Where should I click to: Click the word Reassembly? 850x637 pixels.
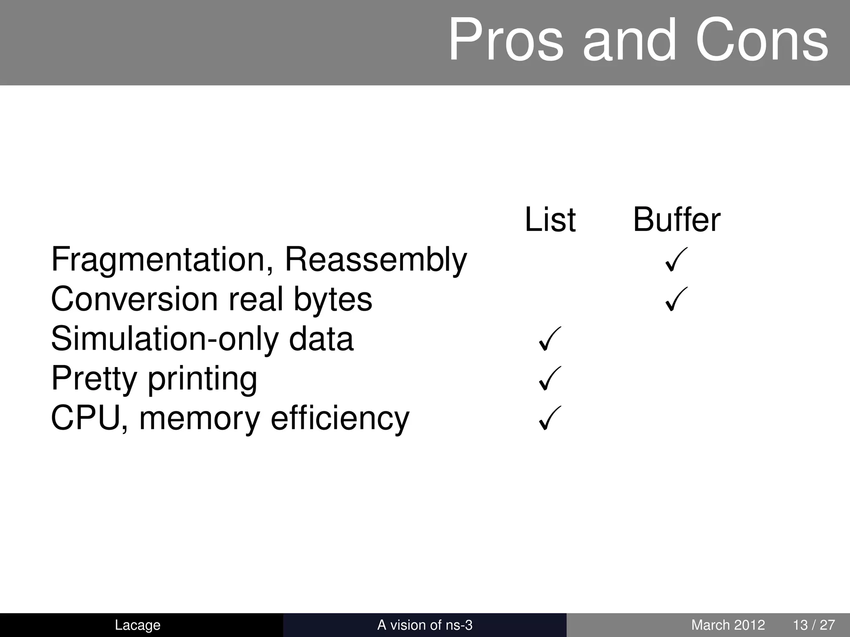[376, 260]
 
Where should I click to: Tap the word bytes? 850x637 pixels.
[333, 299]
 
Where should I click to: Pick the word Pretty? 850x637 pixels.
[94, 378]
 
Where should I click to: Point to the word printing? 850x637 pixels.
[203, 378]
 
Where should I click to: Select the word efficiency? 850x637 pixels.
[340, 418]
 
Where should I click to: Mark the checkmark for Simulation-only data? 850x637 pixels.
[550, 338]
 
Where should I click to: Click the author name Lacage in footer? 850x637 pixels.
[137, 625]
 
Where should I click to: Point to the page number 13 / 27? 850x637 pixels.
[813, 625]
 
